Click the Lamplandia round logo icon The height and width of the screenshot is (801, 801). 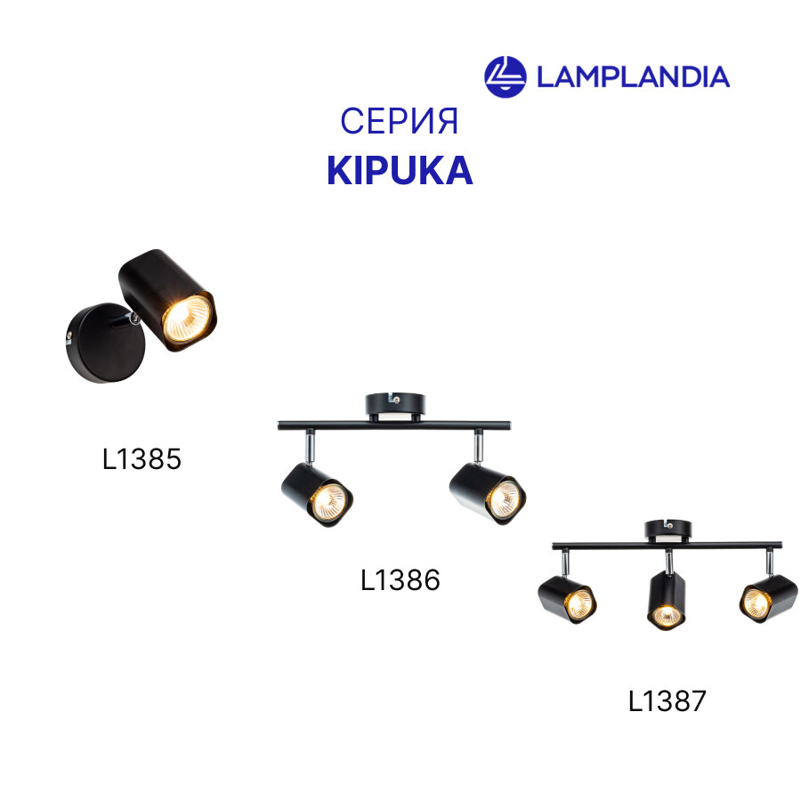click(x=505, y=76)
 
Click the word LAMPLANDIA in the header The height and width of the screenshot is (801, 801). click(x=633, y=77)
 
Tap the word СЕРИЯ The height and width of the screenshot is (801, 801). click(x=400, y=121)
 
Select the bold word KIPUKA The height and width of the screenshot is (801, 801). click(x=400, y=171)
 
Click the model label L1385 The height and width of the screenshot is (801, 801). click(x=142, y=459)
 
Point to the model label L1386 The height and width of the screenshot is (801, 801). click(x=400, y=580)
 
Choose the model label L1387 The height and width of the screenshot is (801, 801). click(x=667, y=701)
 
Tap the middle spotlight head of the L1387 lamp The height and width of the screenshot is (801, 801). click(x=664, y=601)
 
